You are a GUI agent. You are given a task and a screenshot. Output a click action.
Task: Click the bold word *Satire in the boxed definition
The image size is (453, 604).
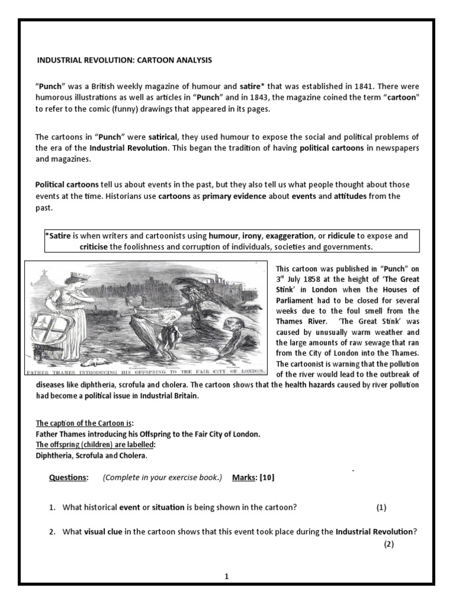[x=58, y=236]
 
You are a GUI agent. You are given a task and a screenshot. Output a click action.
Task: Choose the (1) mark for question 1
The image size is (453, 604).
[x=382, y=507]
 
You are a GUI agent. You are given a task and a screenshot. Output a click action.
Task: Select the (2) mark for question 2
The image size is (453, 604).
[x=388, y=544]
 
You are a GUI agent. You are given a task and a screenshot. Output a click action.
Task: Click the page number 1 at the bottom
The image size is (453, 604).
[x=226, y=577]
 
